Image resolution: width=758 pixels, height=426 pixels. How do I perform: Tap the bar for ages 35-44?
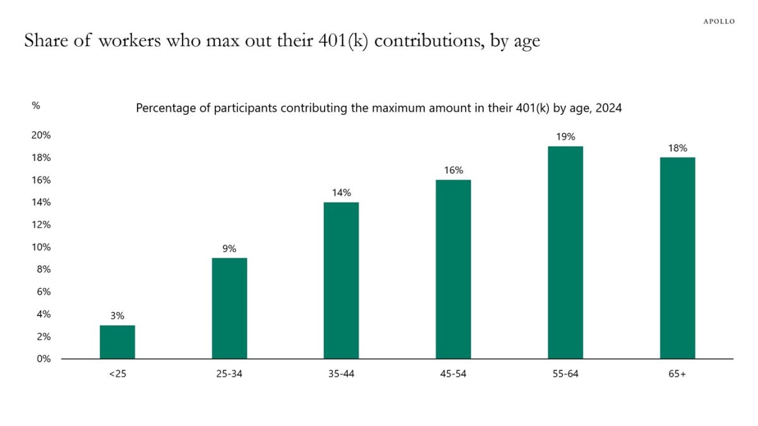[341, 280]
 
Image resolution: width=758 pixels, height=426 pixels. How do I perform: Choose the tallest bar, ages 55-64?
[565, 252]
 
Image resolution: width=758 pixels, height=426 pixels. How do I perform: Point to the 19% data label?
[565, 136]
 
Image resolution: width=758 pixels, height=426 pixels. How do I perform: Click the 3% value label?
[117, 316]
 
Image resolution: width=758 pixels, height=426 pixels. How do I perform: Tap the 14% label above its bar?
[341, 192]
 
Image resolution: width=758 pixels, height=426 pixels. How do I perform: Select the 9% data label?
[229, 249]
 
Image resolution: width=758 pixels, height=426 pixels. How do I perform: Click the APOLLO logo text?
[719, 21]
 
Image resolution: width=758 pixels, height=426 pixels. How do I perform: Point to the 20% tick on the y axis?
[41, 135]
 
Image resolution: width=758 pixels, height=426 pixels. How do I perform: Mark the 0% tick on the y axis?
[43, 358]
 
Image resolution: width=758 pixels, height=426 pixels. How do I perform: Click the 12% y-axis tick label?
[41, 225]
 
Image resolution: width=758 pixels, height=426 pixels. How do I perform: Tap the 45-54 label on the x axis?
[453, 374]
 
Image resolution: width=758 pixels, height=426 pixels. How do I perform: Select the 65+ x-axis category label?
[677, 374]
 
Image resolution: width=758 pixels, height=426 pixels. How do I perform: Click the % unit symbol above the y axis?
[36, 105]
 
